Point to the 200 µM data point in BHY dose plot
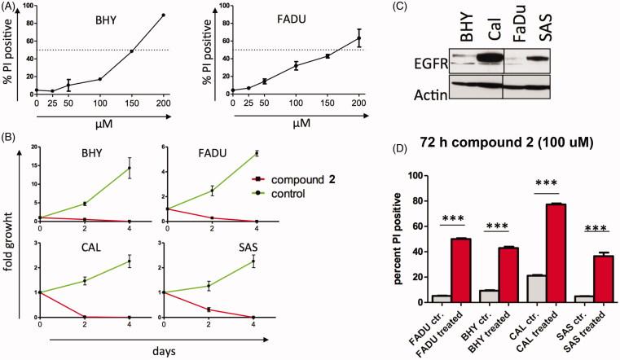[163, 15]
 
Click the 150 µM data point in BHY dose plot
[132, 52]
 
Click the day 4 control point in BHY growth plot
[129, 169]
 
